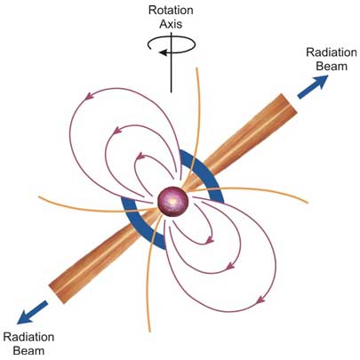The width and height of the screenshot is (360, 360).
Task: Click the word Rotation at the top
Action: tap(171, 10)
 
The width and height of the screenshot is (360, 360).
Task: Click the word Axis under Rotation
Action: tap(171, 24)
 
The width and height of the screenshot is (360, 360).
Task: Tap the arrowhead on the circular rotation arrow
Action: tap(163, 52)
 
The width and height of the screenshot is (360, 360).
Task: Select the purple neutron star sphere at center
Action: tap(172, 202)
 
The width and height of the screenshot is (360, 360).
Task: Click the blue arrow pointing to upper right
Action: tap(313, 87)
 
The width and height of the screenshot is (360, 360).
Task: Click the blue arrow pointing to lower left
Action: tap(32, 312)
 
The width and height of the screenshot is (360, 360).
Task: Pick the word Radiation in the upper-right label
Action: tap(332, 52)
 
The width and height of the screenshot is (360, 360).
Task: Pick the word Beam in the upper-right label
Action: tap(332, 66)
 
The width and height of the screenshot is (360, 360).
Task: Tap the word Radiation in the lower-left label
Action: tap(28, 337)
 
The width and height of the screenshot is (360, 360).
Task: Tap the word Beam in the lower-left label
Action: tap(28, 351)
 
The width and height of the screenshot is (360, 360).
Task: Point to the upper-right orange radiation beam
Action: tap(240, 143)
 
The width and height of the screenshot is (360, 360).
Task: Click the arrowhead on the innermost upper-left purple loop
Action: tap(140, 156)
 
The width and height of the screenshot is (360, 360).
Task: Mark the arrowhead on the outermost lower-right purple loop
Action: tap(260, 300)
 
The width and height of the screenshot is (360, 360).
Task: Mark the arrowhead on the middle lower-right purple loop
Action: tap(230, 267)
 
